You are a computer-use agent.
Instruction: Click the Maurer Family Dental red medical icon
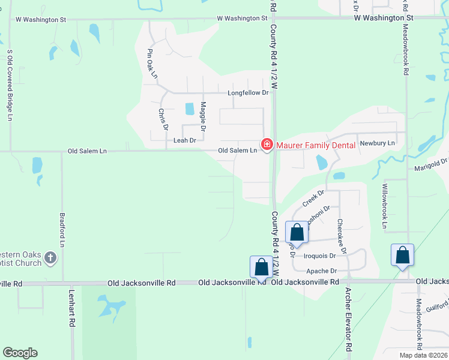coord(265,145)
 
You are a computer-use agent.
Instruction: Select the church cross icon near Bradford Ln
coord(51,258)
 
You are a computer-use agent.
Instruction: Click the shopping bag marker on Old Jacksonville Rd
coord(261,266)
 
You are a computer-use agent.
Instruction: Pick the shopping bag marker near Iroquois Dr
coord(297,232)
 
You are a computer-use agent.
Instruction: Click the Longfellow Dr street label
coord(247,93)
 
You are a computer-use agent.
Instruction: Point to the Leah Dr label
coord(184,140)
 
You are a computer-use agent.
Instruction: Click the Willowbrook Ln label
coord(385,207)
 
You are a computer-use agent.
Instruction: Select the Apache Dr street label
coord(321,272)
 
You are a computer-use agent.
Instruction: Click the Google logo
coord(20,353)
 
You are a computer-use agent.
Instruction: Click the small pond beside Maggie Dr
coord(190,109)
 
